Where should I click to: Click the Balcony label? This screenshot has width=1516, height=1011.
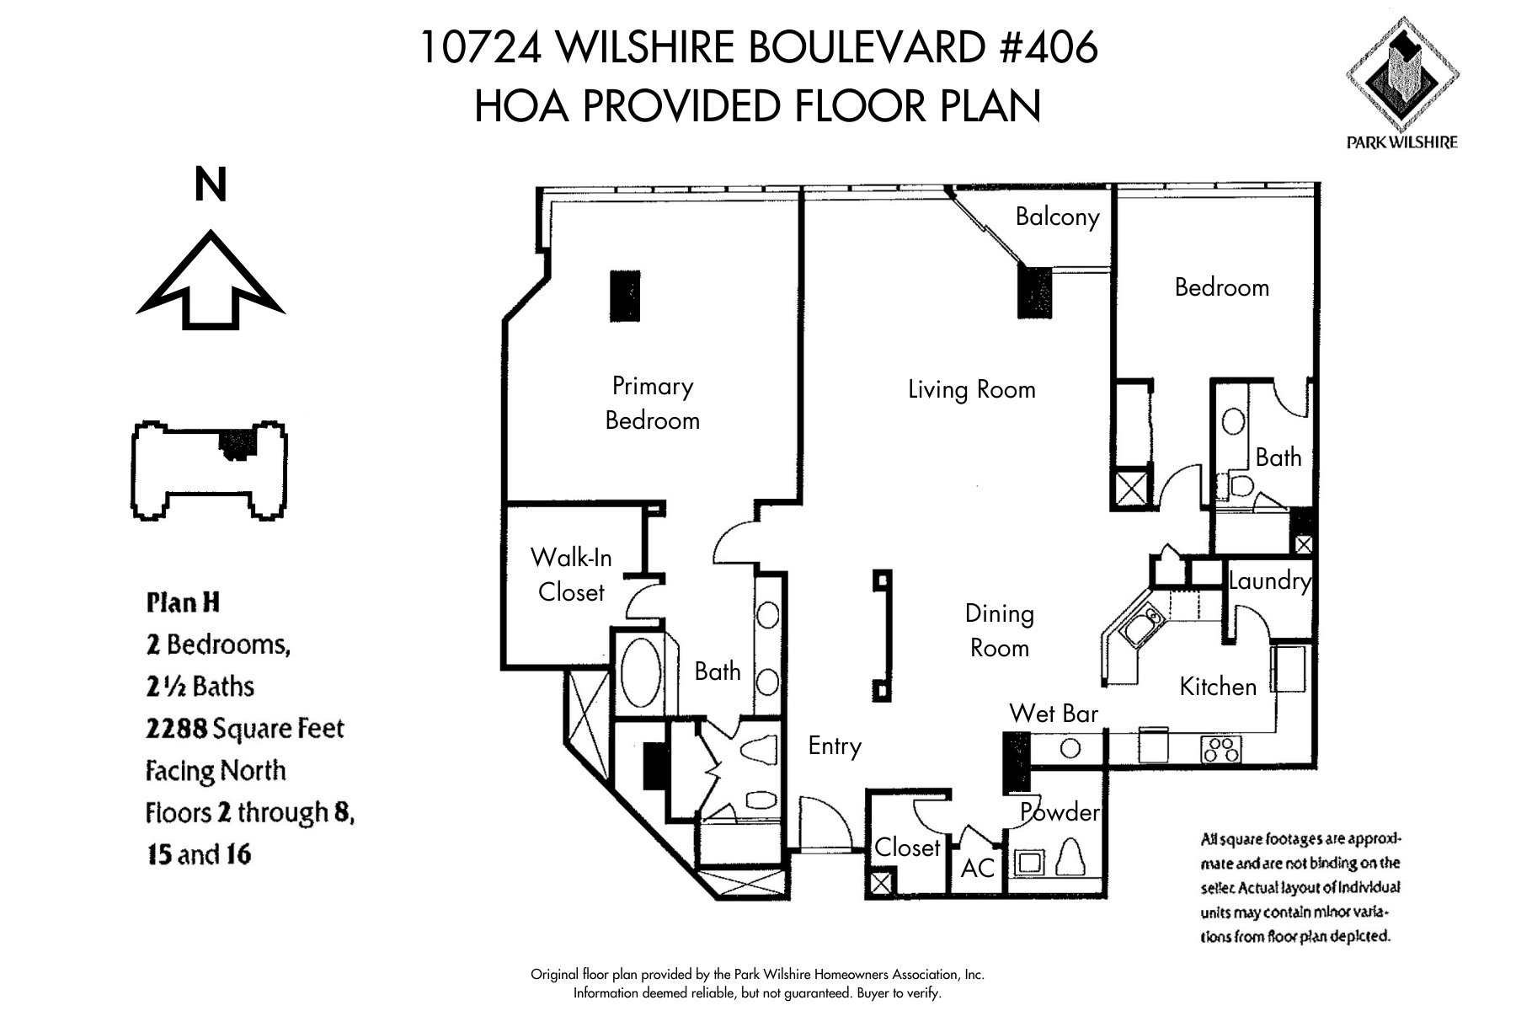click(x=1057, y=217)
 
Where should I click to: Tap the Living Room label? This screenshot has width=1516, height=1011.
click(x=971, y=389)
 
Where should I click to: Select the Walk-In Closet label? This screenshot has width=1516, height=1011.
click(x=571, y=575)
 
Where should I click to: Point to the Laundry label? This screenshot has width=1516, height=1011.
click(x=1269, y=580)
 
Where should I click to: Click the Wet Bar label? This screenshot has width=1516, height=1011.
click(x=1054, y=714)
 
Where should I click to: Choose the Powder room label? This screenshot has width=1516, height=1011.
click(x=1060, y=811)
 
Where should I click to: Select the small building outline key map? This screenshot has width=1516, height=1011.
click(x=210, y=469)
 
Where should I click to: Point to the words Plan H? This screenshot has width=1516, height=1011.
click(x=183, y=603)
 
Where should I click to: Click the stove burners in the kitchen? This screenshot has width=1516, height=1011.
click(x=1222, y=749)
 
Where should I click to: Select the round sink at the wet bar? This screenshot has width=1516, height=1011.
click(x=1070, y=748)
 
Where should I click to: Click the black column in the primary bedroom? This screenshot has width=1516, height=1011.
click(x=625, y=296)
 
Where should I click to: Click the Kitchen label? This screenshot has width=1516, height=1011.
click(x=1218, y=687)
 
